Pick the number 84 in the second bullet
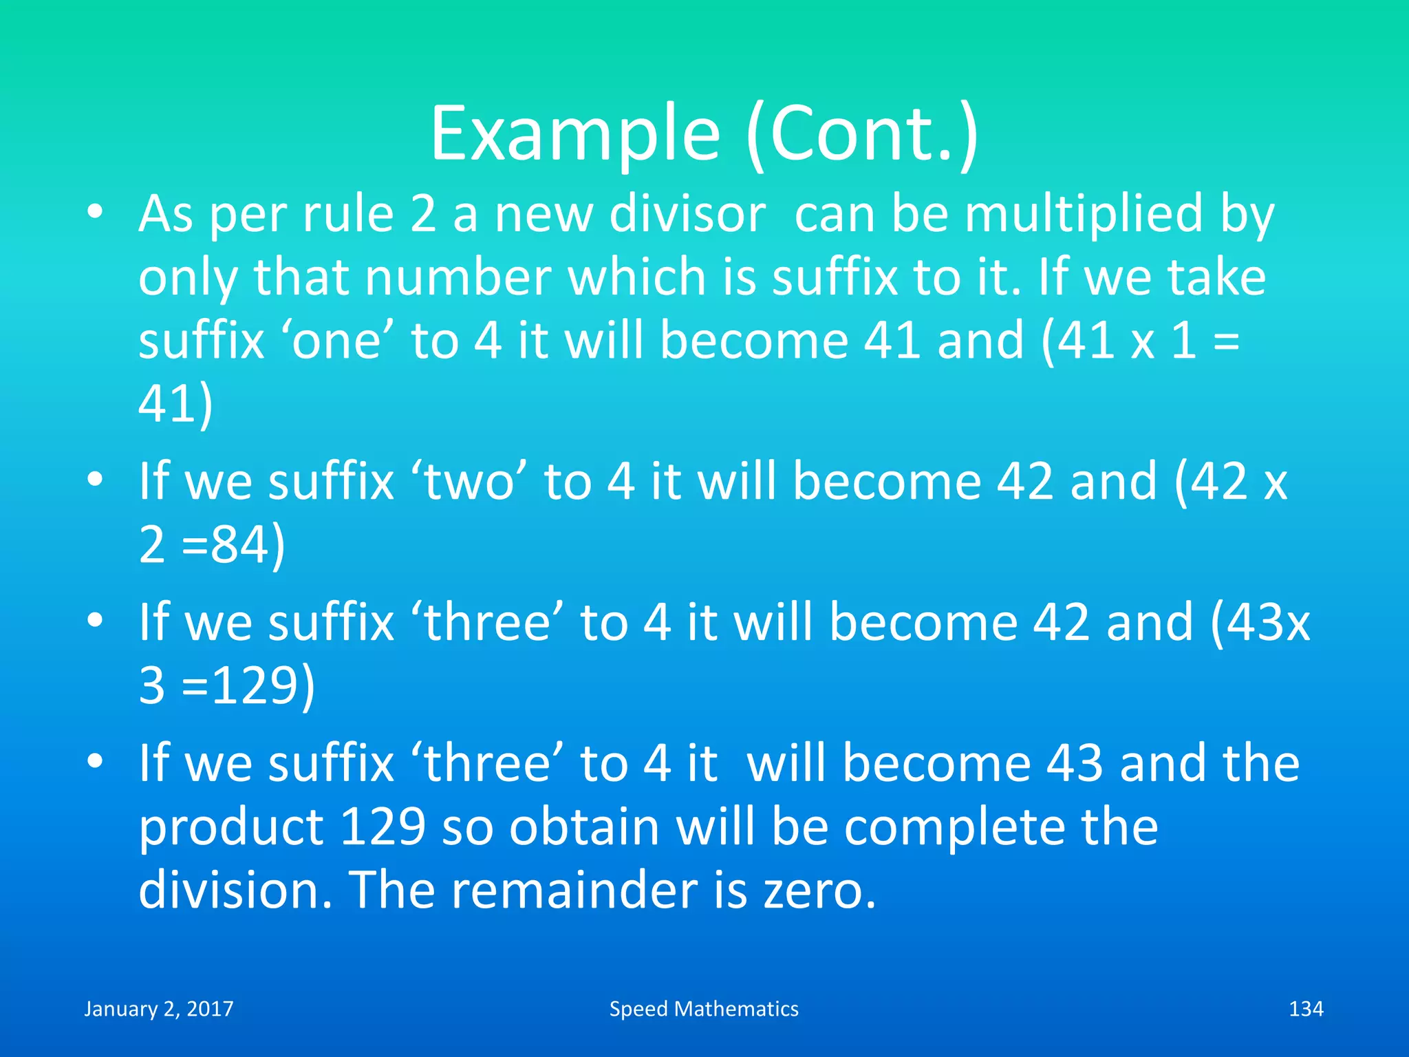(x=239, y=545)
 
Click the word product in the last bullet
(x=231, y=827)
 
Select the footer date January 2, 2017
(x=159, y=1009)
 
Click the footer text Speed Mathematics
(x=704, y=1009)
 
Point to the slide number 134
(x=1305, y=1009)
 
